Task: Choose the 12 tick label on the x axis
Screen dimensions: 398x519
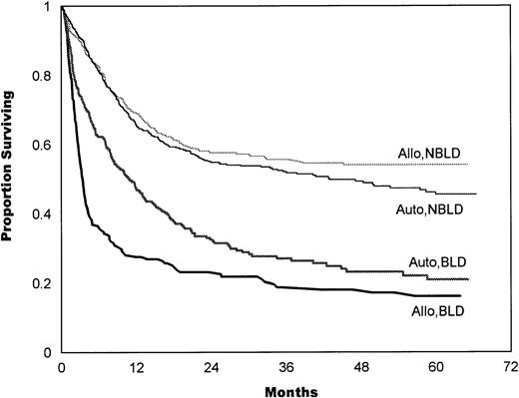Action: click(x=130, y=367)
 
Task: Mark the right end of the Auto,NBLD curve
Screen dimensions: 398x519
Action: click(x=476, y=194)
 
